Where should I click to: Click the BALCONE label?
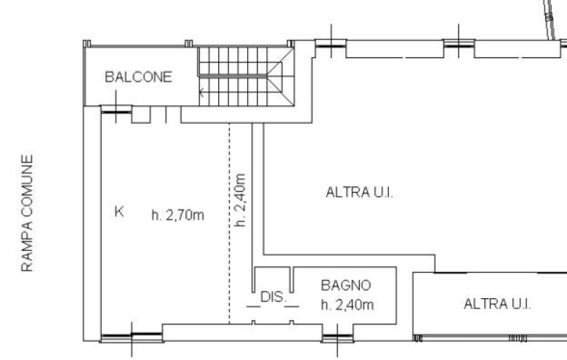coord(138,76)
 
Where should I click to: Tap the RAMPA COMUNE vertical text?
coord(27,213)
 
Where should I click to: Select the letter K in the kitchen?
coord(119,212)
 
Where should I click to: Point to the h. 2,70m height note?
coord(177,215)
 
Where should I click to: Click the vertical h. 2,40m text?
coord(240,200)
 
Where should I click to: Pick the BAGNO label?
coord(346,286)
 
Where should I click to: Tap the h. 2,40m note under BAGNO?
coord(347,305)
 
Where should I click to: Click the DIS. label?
coord(273,297)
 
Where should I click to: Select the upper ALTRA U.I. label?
coord(359,192)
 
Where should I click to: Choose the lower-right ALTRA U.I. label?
coord(497,304)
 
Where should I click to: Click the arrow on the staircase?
coord(201,92)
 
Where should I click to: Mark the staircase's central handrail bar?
coord(233,75)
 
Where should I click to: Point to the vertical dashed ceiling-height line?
coord(229,223)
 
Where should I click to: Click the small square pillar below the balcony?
coord(141,115)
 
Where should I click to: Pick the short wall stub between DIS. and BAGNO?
coord(291,280)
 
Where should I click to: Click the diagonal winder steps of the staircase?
coord(281,76)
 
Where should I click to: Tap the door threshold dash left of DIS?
coord(253,307)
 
